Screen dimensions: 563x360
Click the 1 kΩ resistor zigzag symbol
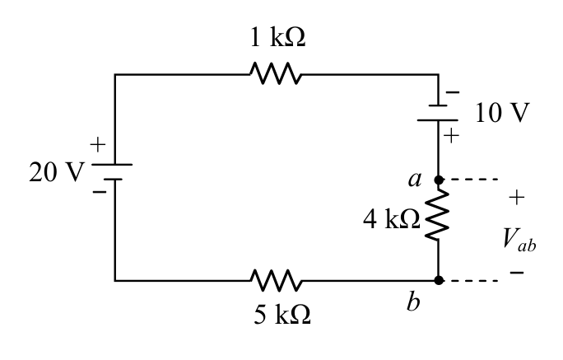tap(276, 73)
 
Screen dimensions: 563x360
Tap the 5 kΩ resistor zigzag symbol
tap(276, 280)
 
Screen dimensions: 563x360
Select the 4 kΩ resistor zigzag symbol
tap(438, 215)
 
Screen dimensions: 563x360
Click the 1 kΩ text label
tap(278, 37)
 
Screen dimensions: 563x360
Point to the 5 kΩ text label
tap(282, 315)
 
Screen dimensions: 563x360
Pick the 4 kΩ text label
tap(391, 219)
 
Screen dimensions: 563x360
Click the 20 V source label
tap(57, 172)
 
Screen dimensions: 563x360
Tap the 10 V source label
tap(502, 113)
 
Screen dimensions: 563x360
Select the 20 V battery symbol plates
tap(112, 171)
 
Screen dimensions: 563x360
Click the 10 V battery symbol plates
tap(438, 113)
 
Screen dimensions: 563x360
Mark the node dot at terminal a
tap(439, 180)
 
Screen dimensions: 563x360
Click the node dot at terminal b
tap(439, 280)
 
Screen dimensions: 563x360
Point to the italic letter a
tap(415, 180)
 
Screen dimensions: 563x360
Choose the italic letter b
tap(413, 301)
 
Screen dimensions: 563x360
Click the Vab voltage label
tap(519, 240)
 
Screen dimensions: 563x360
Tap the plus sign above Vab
tap(517, 197)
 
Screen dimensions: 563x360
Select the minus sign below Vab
tap(517, 273)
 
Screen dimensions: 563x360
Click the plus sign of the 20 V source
tap(98, 145)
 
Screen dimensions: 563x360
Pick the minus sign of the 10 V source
tap(453, 92)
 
